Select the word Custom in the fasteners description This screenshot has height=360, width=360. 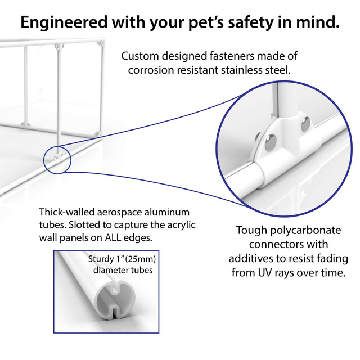(x=142, y=56)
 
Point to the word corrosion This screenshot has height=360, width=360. (x=151, y=70)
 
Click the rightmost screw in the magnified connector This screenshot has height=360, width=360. (x=305, y=123)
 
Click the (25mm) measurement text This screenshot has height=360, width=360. (x=141, y=259)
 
